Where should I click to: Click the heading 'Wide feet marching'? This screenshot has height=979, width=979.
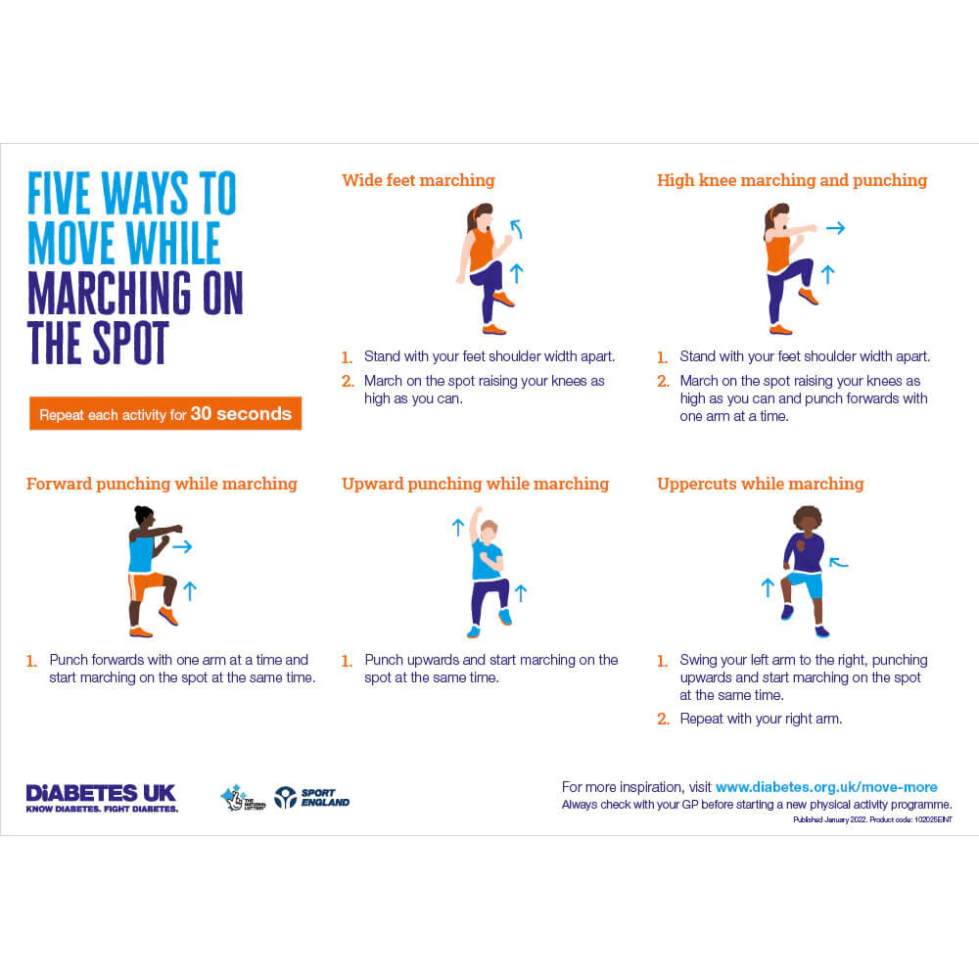tap(418, 180)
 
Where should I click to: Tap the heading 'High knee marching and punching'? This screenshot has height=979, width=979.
tap(791, 180)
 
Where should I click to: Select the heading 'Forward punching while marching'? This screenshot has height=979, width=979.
tap(162, 484)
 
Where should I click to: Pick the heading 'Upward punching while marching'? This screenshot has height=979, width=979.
tap(475, 484)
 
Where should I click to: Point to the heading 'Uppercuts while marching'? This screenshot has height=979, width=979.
tap(760, 484)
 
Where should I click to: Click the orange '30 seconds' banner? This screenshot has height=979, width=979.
tap(165, 414)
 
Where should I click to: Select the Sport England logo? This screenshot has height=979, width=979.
tap(311, 798)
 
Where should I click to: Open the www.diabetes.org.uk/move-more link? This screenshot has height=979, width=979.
tap(826, 787)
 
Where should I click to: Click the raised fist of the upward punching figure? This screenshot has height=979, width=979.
tap(478, 511)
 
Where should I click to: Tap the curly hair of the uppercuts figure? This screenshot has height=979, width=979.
tap(807, 519)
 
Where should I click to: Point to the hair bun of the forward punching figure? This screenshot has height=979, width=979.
tap(143, 511)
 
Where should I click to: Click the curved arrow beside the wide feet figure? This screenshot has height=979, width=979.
tap(516, 229)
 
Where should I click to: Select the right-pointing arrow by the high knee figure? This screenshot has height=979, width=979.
tap(834, 228)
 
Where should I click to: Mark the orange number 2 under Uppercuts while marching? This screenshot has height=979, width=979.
tap(663, 719)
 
